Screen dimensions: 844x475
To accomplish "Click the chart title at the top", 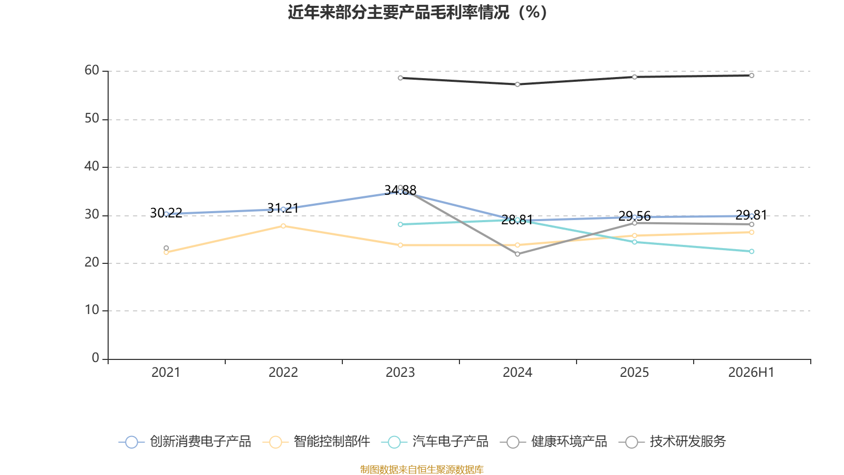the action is coord(417,13).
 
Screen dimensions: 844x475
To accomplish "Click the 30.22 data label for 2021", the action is coord(166,213).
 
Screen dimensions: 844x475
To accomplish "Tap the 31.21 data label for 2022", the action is coord(283,208).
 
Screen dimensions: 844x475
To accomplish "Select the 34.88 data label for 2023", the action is coord(400,189).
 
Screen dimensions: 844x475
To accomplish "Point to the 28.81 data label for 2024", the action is coord(517,220).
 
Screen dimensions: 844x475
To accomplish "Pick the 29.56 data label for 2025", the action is coord(635,216).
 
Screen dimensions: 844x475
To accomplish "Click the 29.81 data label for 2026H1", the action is coord(751,215).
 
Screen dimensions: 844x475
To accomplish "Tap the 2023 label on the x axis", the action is coord(400,373).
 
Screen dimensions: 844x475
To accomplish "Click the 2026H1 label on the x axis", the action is coord(751,373).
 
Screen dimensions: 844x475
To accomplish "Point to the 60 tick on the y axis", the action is coord(92,70).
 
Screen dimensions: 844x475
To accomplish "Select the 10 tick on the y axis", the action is coord(92,310).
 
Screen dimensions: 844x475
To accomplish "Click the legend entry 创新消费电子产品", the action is coord(185,441).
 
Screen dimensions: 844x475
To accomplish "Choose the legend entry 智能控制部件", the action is coord(316,441).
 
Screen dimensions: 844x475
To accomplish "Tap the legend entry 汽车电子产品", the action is coord(435,441).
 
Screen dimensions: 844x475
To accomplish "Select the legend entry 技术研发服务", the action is coord(673,441).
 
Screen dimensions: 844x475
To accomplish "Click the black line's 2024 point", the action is coord(517,84).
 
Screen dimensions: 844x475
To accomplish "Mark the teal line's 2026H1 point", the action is coord(751,251).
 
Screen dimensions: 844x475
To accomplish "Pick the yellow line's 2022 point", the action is coord(283,226).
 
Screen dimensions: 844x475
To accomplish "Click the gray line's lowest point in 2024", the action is coord(517,254).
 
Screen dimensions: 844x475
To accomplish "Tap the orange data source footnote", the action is coord(421,469).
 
